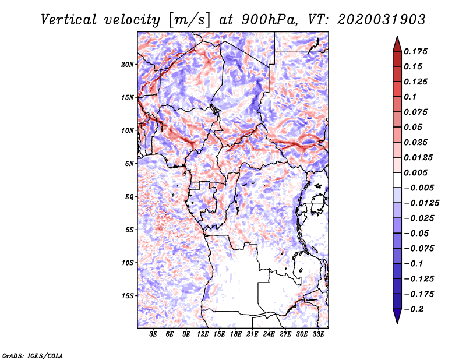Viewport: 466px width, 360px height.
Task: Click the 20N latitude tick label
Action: pyautogui.click(x=127, y=65)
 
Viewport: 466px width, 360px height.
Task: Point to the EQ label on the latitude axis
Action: pyautogui.click(x=129, y=197)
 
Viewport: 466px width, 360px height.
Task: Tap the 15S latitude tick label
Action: pyautogui.click(x=127, y=296)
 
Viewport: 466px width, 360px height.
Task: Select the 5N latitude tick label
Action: pyautogui.click(x=129, y=164)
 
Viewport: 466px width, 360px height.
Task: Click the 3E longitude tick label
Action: pyautogui.click(x=153, y=334)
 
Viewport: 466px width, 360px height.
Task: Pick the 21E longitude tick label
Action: pyautogui.click(x=252, y=334)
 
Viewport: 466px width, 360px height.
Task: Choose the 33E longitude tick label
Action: pyautogui.click(x=318, y=334)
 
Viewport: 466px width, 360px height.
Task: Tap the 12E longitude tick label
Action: pyautogui.click(x=203, y=334)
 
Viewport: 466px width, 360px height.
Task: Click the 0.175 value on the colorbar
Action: pyautogui.click(x=415, y=51)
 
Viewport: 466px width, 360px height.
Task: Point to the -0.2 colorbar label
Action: pyautogui.click(x=414, y=309)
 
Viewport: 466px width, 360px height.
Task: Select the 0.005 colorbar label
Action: pyautogui.click(x=415, y=172)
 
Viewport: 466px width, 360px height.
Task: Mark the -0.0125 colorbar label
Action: pyautogui.click(x=421, y=203)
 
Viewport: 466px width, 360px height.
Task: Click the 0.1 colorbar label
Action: pyautogui.click(x=410, y=97)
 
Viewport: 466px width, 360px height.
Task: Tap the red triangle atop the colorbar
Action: pyautogui.click(x=397, y=44)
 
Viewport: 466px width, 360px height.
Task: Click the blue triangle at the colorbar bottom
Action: pyautogui.click(x=397, y=316)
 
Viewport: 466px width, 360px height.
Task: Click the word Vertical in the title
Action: pyautogui.click(x=69, y=20)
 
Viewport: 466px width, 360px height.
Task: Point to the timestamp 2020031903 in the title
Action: pyautogui.click(x=382, y=20)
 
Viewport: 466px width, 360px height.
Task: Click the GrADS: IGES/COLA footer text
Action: pyautogui.click(x=33, y=355)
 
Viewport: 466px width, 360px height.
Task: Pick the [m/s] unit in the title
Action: pyautogui.click(x=189, y=20)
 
